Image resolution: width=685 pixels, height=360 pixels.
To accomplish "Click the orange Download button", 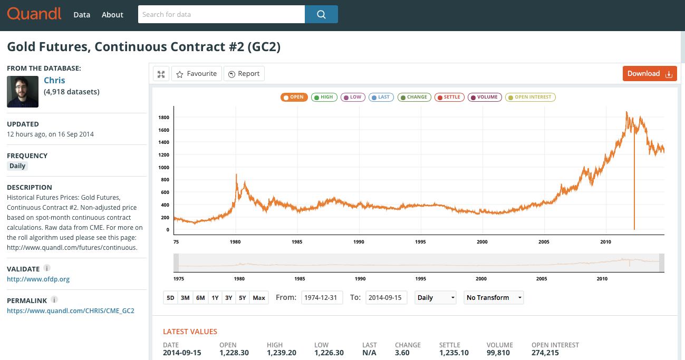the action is [x=650, y=74].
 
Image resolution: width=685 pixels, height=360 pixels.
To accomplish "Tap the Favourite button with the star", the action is [x=197, y=74].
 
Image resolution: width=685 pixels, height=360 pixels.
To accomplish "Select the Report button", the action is [x=244, y=74].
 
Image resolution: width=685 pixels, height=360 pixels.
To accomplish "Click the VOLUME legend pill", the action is [x=485, y=97].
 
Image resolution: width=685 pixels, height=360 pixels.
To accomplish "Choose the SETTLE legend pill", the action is [x=449, y=97].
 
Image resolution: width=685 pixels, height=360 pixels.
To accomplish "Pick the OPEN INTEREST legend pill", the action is [x=530, y=97].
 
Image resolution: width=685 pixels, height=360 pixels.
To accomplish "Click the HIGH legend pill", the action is [x=324, y=97].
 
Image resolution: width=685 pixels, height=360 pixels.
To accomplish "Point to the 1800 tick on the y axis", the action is [x=163, y=118].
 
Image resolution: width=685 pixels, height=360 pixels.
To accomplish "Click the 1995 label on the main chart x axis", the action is [x=420, y=242].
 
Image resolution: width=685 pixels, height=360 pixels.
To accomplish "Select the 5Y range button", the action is [x=243, y=298].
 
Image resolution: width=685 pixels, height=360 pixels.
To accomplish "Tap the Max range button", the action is [x=259, y=298].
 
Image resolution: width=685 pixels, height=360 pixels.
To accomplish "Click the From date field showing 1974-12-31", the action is [x=322, y=298].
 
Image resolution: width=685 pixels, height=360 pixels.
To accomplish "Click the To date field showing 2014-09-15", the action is [x=386, y=298].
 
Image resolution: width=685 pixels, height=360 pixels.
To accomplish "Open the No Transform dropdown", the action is [x=494, y=298].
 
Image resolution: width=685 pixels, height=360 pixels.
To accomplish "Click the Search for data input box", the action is [x=221, y=14].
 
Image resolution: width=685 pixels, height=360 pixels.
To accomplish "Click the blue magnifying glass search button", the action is [x=321, y=14].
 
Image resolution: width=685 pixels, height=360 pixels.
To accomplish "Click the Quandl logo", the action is [x=34, y=14].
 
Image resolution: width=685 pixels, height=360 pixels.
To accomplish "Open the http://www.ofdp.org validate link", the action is [x=38, y=279].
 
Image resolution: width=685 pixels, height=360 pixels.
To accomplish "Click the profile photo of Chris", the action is [x=23, y=92].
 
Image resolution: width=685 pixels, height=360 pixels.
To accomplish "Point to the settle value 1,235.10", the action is [x=454, y=353].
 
